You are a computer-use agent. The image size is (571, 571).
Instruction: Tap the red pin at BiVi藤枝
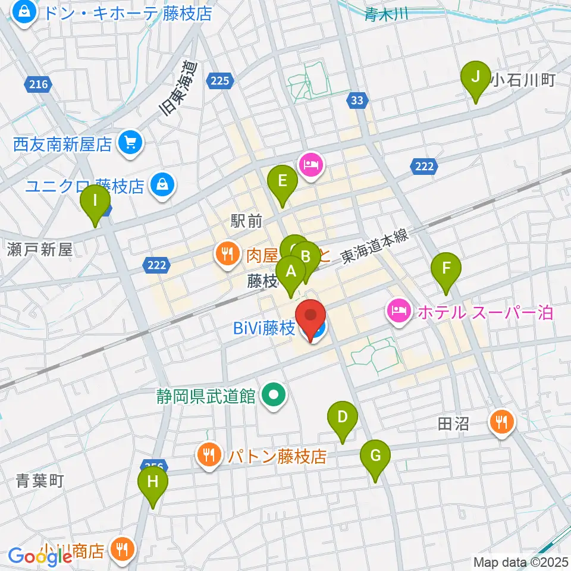tap(311, 319)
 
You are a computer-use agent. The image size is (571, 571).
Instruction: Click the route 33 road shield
tap(356, 101)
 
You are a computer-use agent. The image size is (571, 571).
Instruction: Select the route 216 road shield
tap(37, 85)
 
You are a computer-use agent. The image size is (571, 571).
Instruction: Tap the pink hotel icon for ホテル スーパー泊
tap(397, 311)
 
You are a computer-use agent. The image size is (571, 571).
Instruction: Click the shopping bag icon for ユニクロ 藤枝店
tap(160, 185)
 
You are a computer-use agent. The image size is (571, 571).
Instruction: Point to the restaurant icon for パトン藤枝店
tap(208, 456)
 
